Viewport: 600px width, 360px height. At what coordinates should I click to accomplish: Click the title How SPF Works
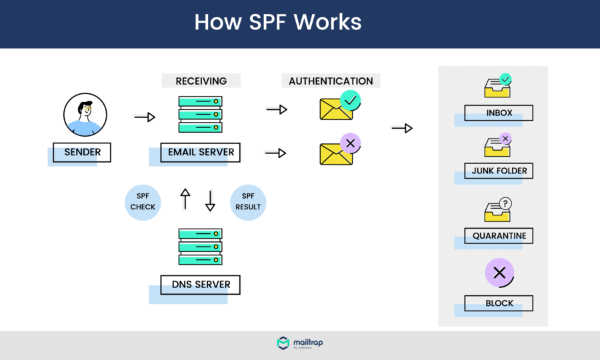[277, 23]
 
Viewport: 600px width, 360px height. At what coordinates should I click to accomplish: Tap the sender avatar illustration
[85, 115]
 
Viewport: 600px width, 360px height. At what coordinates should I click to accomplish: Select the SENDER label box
[82, 152]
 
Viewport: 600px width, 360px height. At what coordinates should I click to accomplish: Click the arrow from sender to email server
[144, 117]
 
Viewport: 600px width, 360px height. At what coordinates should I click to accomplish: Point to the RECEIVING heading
[201, 81]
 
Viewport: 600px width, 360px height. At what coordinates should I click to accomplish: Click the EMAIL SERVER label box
[201, 152]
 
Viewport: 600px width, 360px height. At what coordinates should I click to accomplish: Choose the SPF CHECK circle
[143, 201]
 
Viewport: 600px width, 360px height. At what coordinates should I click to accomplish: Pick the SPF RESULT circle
[248, 201]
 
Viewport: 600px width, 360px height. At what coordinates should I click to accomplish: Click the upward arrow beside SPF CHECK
[185, 199]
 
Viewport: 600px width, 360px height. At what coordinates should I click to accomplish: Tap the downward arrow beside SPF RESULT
[210, 201]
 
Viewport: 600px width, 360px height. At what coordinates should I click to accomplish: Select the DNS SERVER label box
[201, 285]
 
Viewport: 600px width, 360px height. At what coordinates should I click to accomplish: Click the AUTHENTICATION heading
[331, 81]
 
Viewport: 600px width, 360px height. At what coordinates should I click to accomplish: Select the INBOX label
[499, 113]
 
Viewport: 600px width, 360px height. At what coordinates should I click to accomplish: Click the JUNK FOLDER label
[499, 171]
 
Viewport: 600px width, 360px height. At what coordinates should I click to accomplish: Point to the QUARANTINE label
[499, 235]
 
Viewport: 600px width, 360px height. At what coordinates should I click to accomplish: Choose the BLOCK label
[499, 303]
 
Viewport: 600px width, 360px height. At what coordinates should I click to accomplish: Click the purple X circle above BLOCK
[499, 272]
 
